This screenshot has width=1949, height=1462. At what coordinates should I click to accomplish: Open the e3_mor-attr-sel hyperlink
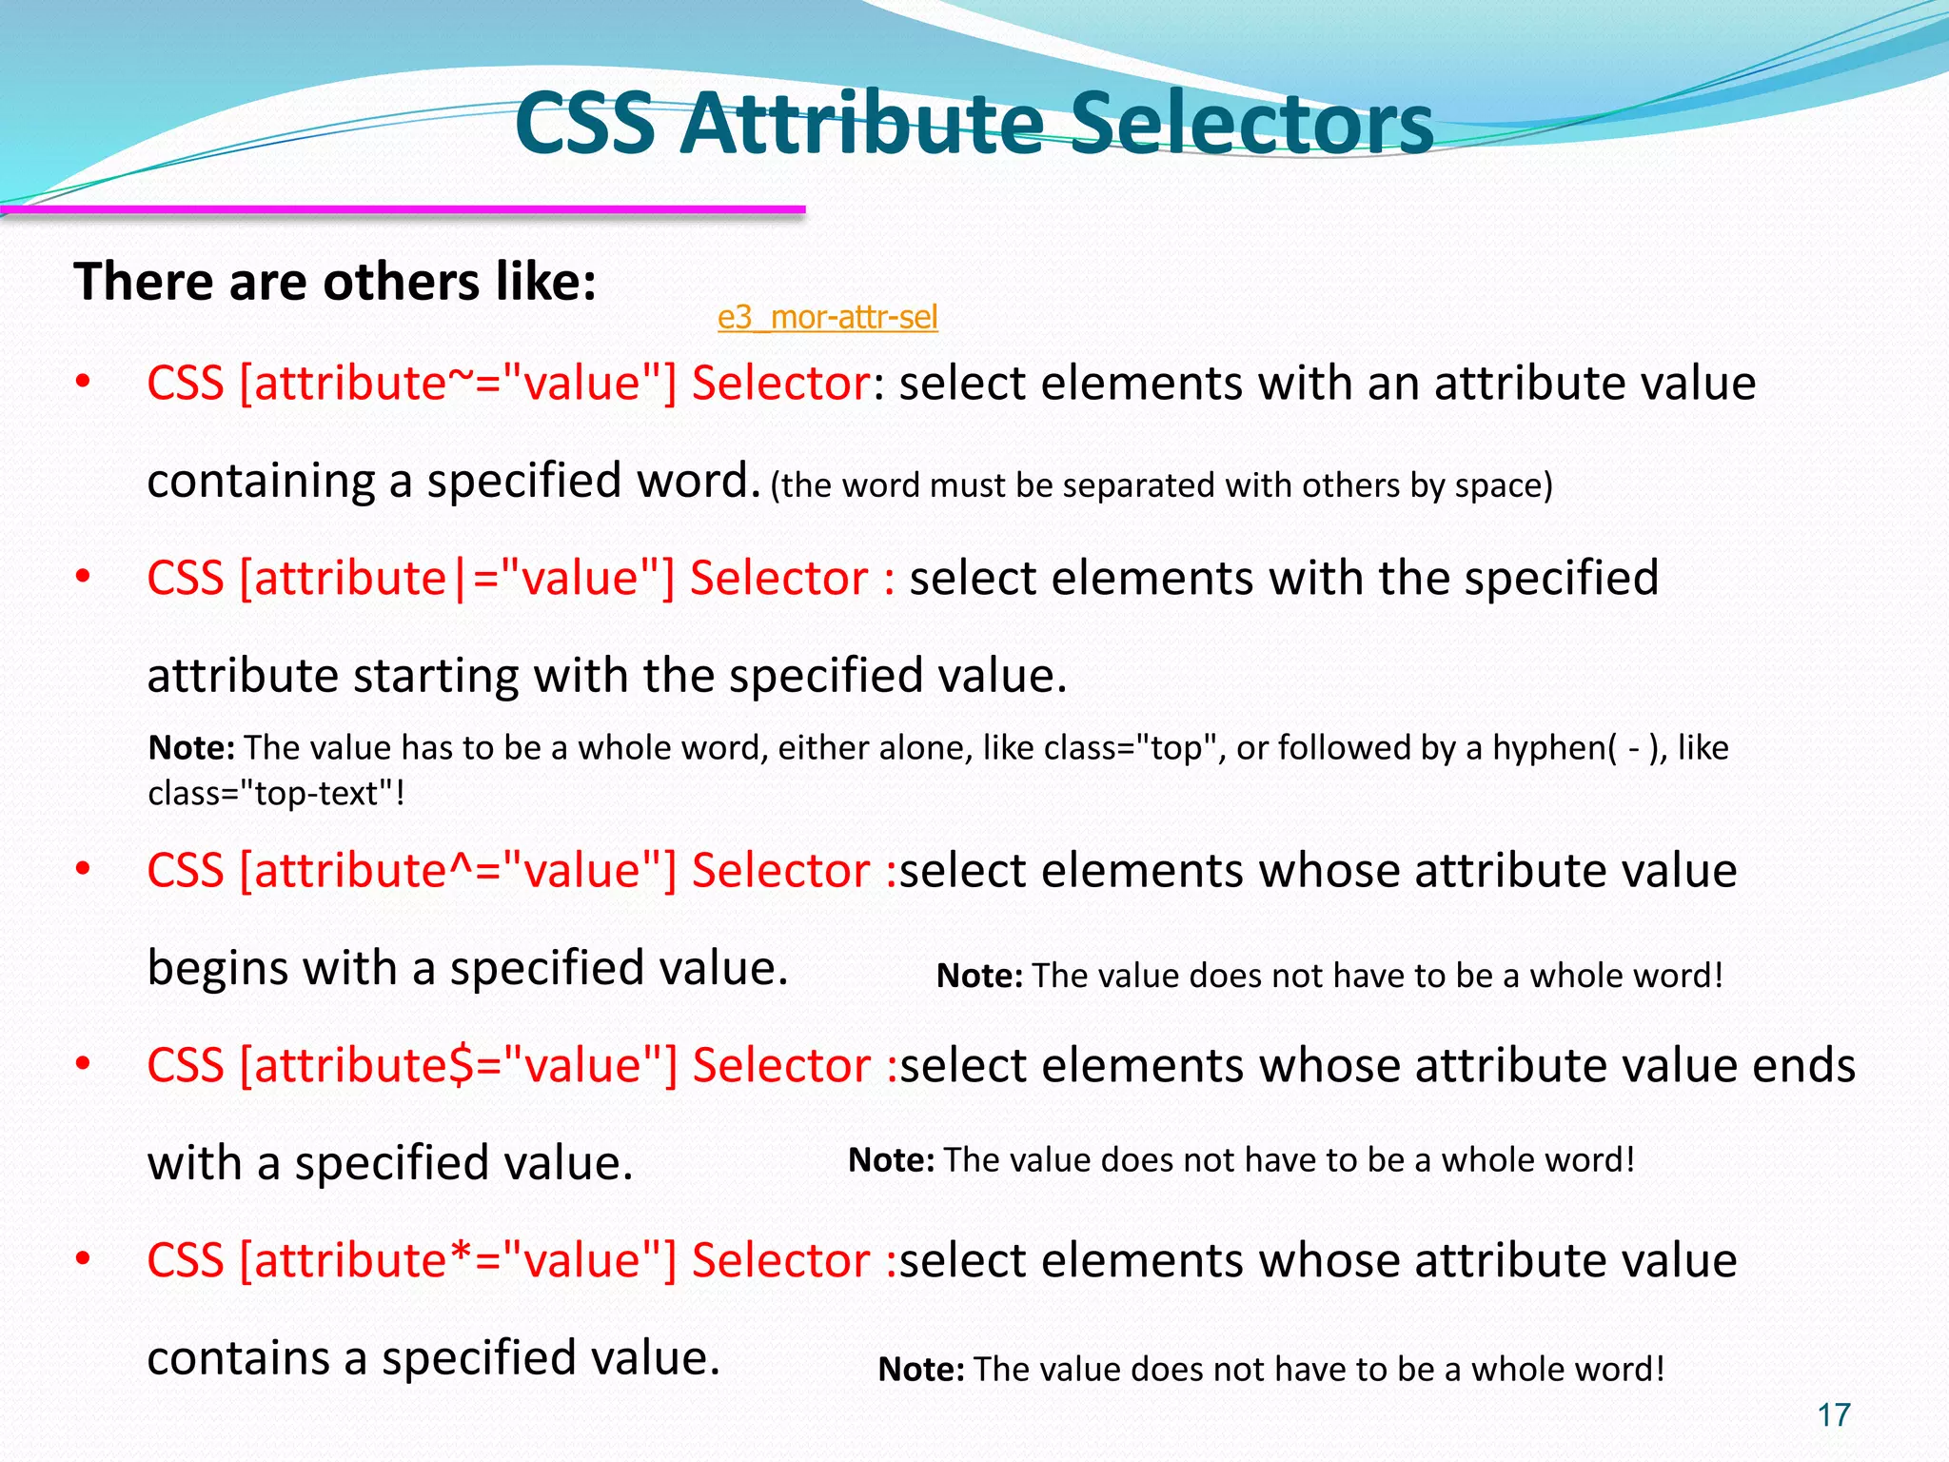coord(827,317)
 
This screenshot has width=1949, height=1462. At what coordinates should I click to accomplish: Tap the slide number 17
coord(1834,1415)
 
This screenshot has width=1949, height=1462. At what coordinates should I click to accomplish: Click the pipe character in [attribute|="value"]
coord(461,579)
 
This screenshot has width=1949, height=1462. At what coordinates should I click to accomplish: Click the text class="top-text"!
coord(276,793)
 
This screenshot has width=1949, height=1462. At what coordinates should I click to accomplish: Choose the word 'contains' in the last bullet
coord(244,1358)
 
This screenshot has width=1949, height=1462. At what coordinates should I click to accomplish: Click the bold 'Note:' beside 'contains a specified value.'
coord(920,1370)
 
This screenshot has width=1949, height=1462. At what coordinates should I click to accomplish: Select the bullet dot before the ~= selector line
coord(83,384)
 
